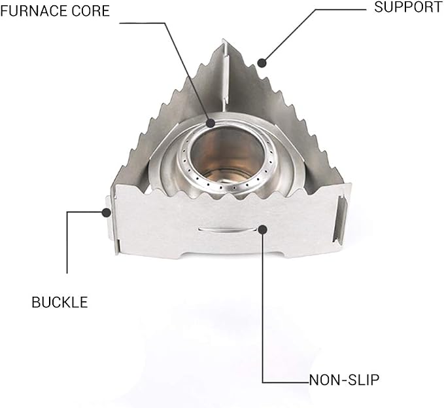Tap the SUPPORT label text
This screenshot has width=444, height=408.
click(408, 7)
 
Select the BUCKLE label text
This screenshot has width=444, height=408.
click(60, 303)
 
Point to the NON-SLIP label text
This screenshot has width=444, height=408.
click(344, 380)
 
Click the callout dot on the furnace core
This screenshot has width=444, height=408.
click(211, 123)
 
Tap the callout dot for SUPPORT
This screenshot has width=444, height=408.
click(262, 63)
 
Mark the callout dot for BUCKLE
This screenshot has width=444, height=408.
click(107, 212)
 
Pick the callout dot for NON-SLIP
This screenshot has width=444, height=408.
click(263, 229)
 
